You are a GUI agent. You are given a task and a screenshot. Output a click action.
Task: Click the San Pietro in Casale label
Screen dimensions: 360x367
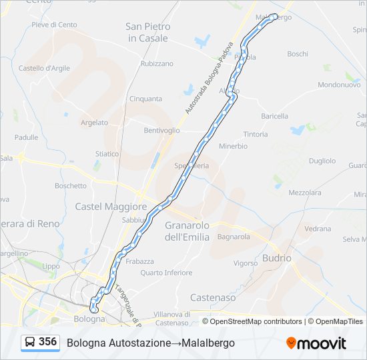[148, 33]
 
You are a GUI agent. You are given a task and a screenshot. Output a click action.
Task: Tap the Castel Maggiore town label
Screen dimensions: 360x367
[111, 207]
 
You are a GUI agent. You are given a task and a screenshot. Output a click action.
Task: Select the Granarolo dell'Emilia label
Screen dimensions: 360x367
[187, 231]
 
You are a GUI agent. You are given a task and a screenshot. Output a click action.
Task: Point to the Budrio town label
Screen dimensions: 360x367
[277, 257]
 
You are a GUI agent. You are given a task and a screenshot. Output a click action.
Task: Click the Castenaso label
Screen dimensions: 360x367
[213, 297]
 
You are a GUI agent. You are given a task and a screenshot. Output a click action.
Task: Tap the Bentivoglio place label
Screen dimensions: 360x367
[161, 130]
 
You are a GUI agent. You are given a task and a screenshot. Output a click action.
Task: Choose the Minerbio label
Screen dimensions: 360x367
[233, 145]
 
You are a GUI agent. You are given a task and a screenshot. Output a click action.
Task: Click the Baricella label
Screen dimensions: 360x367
[275, 116]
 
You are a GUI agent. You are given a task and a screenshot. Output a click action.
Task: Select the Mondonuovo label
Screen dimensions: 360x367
[339, 85]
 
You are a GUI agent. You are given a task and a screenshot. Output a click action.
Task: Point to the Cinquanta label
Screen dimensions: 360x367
[145, 99]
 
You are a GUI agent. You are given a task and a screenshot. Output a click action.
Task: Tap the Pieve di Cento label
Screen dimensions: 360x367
[54, 25]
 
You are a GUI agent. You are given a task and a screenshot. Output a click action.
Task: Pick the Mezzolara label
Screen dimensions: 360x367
[305, 193]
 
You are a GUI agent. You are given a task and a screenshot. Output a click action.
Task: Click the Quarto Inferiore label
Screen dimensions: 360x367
[166, 273]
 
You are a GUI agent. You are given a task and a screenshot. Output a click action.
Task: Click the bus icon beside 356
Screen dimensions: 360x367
[30, 343]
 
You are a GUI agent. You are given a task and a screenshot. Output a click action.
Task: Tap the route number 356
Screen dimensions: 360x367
[47, 342]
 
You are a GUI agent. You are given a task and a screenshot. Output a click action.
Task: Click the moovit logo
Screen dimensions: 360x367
[316, 343]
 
